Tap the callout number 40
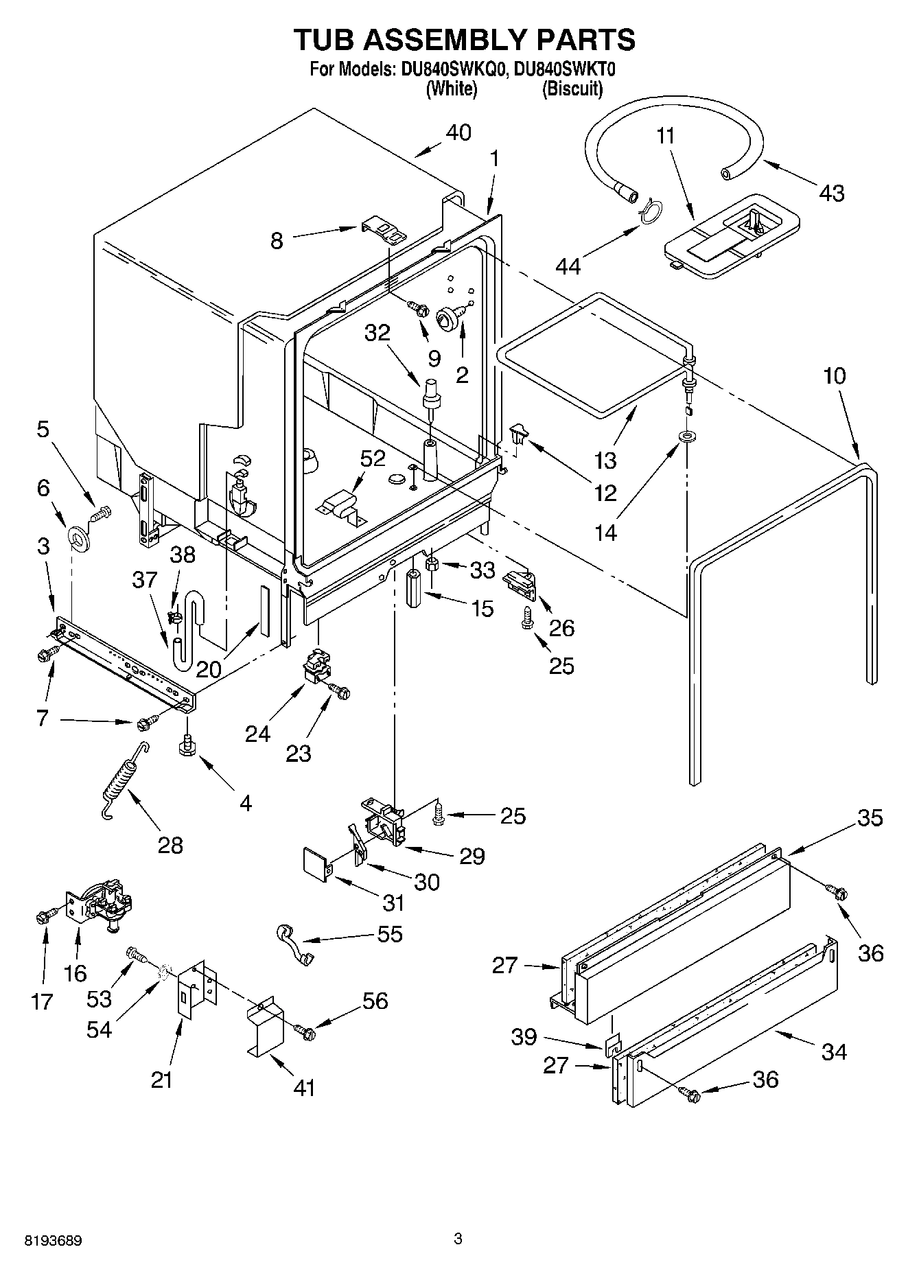458,132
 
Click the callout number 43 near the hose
832,194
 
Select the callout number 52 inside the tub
373,458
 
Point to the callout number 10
834,375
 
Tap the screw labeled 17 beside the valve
43,916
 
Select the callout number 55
390,934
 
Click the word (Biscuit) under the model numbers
572,89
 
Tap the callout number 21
162,1080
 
